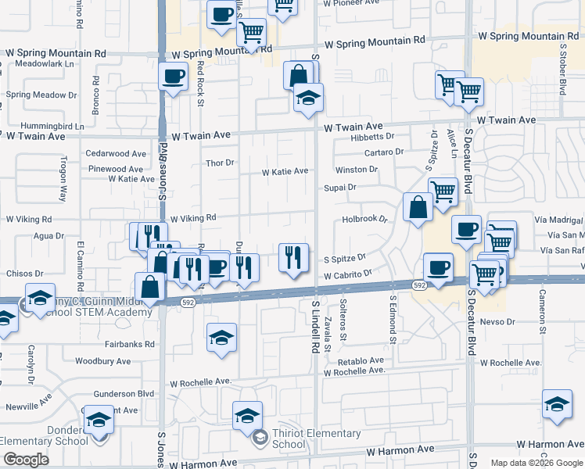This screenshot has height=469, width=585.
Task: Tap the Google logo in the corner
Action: pyautogui.click(x=26, y=460)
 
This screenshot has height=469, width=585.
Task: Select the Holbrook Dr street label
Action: pyautogui.click(x=365, y=220)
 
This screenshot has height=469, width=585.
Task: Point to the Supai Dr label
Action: pyautogui.click(x=340, y=188)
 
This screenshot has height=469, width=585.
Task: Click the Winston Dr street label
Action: pyautogui.click(x=356, y=170)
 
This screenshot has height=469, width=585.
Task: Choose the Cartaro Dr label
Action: pyautogui.click(x=383, y=152)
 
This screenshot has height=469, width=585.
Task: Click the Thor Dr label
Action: pyautogui.click(x=220, y=163)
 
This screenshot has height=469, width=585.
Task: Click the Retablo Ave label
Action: pyautogui.click(x=361, y=361)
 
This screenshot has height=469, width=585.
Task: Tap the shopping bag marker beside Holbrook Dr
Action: pyautogui.click(x=418, y=207)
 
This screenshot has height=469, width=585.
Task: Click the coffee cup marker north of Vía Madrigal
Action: pyautogui.click(x=467, y=229)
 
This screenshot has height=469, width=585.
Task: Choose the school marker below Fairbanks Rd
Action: pyautogui.click(x=221, y=338)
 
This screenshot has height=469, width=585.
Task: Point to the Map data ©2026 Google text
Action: pyautogui.click(x=536, y=463)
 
